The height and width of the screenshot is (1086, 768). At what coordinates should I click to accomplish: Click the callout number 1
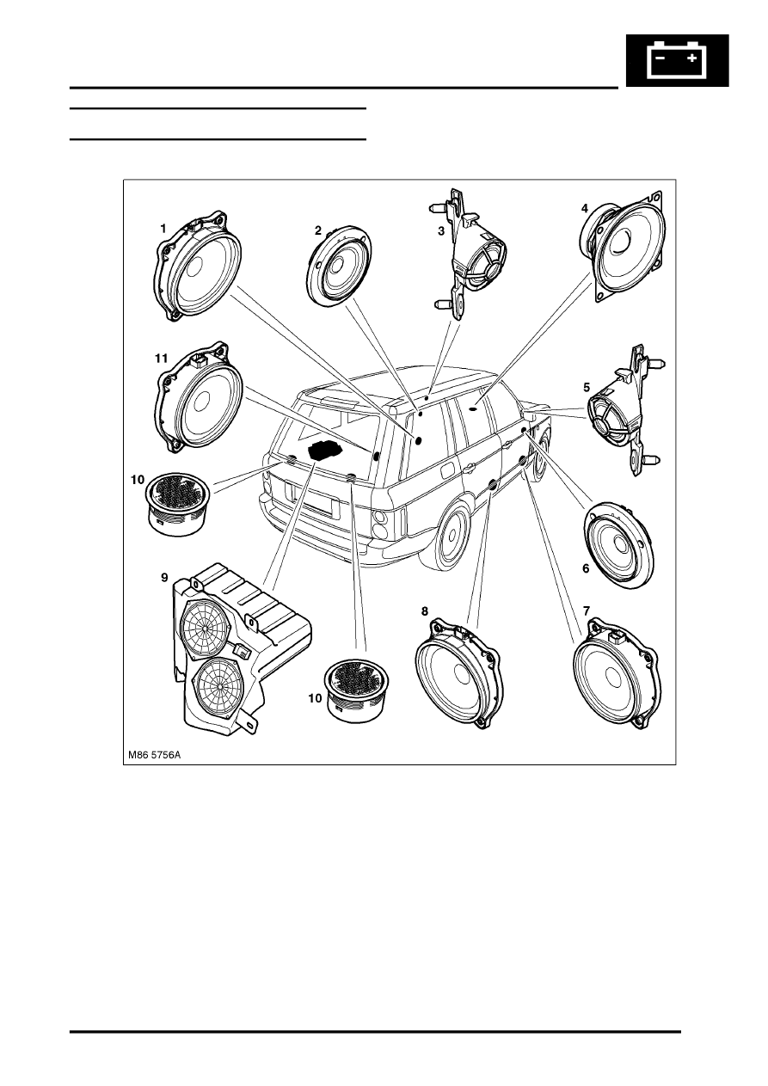(x=163, y=228)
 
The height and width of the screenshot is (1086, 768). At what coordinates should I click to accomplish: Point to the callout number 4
(x=584, y=208)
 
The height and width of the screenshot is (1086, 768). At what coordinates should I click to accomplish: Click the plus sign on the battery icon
(x=692, y=59)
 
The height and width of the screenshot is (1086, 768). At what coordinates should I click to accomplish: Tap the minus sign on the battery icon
(x=660, y=59)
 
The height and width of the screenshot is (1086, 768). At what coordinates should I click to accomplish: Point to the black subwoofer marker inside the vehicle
(x=324, y=450)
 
